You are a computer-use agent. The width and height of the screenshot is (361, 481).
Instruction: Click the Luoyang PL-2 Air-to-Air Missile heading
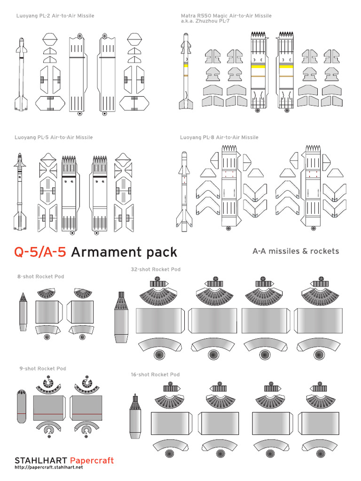click(55, 16)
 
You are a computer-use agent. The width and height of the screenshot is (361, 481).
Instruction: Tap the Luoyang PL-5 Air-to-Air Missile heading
click(55, 138)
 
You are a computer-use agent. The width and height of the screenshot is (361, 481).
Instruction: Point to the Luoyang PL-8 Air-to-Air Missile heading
click(219, 138)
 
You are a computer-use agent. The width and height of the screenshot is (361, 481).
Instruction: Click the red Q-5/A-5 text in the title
click(41, 252)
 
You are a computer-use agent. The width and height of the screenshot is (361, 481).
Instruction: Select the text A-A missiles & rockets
click(296, 251)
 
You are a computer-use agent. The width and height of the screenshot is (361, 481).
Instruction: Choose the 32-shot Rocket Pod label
click(156, 270)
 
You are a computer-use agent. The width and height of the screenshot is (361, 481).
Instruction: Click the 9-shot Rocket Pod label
click(43, 369)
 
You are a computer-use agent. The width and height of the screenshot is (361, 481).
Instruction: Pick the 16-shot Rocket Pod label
click(155, 375)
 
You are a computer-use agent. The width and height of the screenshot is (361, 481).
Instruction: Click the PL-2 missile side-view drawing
click(21, 75)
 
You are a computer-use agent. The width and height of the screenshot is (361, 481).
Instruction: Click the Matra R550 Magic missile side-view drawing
click(185, 70)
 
